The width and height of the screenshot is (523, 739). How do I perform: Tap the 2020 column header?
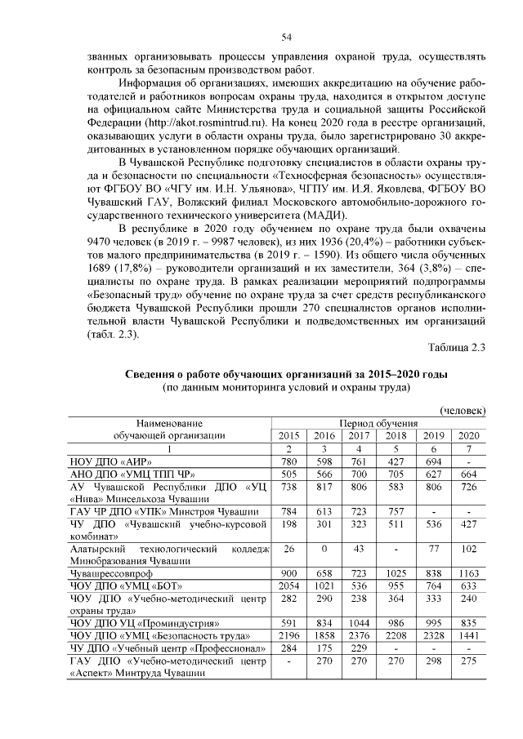(x=468, y=434)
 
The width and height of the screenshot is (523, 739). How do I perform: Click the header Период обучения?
(x=379, y=423)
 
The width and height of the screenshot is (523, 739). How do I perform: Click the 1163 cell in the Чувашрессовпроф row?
(x=468, y=572)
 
